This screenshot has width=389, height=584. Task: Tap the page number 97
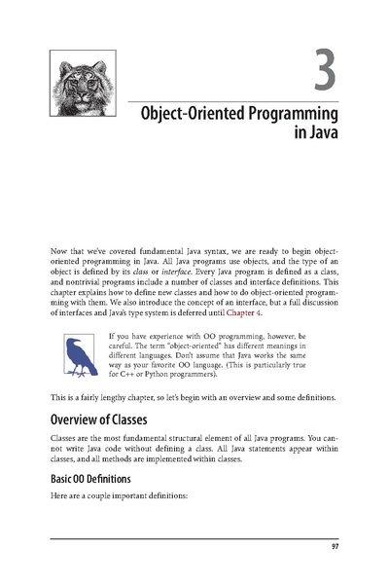coord(333,556)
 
